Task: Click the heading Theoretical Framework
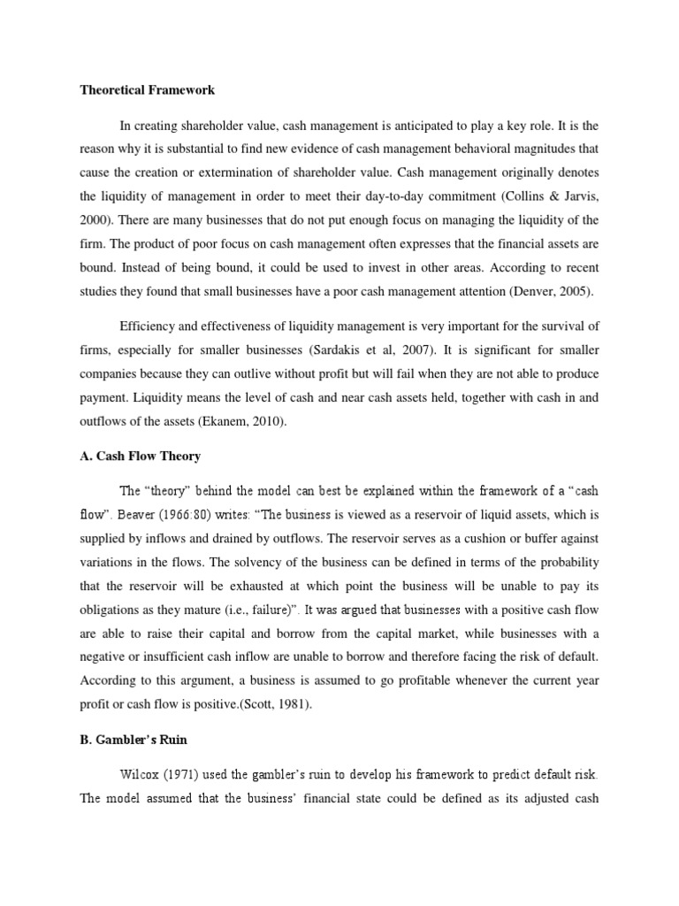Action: click(148, 90)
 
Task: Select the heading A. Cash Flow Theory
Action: click(141, 456)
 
